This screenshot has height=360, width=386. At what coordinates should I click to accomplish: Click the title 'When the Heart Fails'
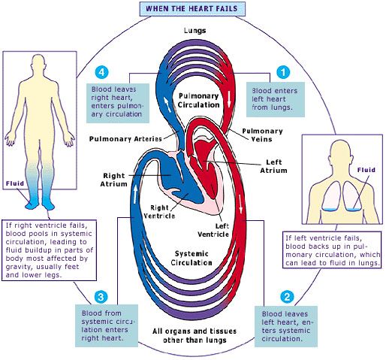coord(192,9)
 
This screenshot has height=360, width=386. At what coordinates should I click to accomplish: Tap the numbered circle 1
coord(283,72)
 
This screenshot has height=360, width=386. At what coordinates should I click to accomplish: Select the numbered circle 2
coord(287,297)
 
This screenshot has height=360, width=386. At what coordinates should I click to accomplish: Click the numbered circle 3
coord(101,298)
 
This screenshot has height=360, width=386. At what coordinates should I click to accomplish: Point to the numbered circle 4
coord(101,72)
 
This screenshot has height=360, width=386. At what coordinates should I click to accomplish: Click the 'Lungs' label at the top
coord(195,31)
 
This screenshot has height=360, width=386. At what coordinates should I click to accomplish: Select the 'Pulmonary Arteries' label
coord(125,139)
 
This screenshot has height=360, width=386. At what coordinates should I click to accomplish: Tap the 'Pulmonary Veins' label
coord(262,135)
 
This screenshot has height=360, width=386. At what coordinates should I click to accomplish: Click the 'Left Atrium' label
coord(273,166)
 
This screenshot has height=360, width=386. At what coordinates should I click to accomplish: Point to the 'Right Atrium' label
coord(114,180)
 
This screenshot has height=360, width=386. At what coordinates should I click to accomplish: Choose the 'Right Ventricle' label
coord(159,212)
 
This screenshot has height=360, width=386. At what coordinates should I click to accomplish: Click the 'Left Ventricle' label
coord(213,230)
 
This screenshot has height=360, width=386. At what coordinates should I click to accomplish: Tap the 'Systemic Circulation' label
coord(191,258)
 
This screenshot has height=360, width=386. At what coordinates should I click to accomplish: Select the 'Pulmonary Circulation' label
coord(199,100)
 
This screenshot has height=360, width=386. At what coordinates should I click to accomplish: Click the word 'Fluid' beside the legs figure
coord(15,183)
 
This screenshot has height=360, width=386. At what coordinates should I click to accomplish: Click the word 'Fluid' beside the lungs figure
coord(366,170)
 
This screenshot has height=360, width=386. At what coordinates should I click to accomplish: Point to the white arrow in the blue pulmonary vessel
coord(167,104)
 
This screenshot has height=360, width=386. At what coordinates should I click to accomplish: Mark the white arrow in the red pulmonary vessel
coord(229,99)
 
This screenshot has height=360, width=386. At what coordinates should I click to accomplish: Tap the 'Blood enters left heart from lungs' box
coord(276,99)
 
